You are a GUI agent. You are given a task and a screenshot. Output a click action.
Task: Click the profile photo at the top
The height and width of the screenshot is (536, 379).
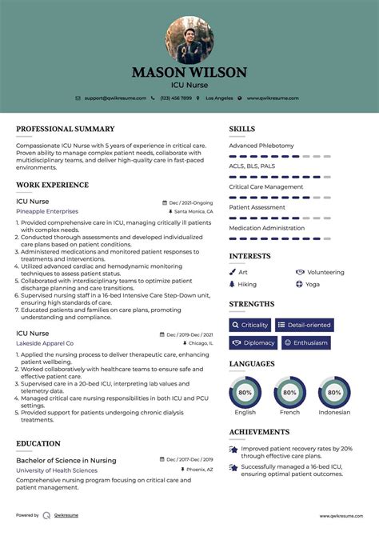click(x=189, y=40)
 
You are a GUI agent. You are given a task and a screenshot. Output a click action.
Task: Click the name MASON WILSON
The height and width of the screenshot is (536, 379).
click(x=189, y=72)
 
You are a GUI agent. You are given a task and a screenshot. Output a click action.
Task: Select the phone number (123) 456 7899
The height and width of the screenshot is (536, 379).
click(x=176, y=98)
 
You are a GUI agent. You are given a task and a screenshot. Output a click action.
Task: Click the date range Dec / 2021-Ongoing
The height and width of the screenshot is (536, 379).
click(x=191, y=202)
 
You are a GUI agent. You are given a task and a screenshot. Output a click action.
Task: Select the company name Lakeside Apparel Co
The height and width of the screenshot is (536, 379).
click(x=45, y=342)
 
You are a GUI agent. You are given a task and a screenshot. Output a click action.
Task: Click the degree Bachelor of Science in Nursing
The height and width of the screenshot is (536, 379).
click(x=66, y=461)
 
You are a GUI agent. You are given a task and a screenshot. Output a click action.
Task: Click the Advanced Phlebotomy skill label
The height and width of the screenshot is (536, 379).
click(x=261, y=146)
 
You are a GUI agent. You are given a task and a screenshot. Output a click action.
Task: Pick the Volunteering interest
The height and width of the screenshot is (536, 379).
click(x=325, y=272)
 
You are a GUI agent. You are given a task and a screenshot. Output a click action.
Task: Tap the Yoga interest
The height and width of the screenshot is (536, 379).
click(x=312, y=284)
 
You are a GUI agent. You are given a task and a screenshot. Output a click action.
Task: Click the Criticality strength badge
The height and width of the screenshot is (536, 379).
click(x=250, y=326)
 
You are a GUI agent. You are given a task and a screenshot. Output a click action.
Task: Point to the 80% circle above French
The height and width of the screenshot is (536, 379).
click(x=289, y=393)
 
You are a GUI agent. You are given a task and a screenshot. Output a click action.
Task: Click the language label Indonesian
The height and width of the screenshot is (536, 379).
click(x=334, y=413)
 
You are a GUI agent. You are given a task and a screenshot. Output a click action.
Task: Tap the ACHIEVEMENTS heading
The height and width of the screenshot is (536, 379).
click(x=259, y=432)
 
